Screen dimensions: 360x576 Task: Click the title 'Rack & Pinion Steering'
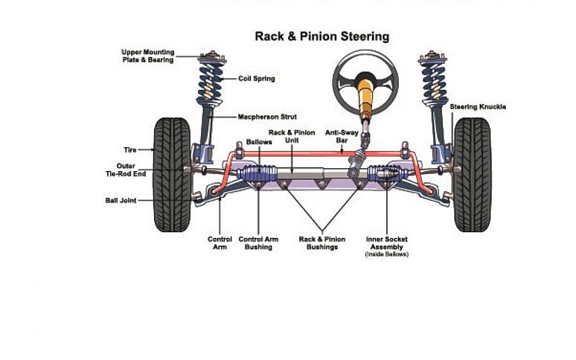point(321,36)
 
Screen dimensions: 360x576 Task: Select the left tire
point(172,174)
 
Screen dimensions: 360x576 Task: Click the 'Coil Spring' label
point(256,77)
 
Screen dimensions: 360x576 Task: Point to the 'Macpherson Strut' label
point(266,117)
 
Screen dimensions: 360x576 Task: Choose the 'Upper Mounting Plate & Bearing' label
point(147,56)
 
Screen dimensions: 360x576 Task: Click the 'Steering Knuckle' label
point(478,107)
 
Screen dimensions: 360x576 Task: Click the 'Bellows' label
point(259,141)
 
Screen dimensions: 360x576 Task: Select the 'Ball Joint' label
point(121,200)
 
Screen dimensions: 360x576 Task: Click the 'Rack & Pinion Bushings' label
point(321,243)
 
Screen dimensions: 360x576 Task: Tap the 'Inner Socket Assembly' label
point(386,243)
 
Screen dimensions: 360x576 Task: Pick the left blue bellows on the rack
point(257,177)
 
